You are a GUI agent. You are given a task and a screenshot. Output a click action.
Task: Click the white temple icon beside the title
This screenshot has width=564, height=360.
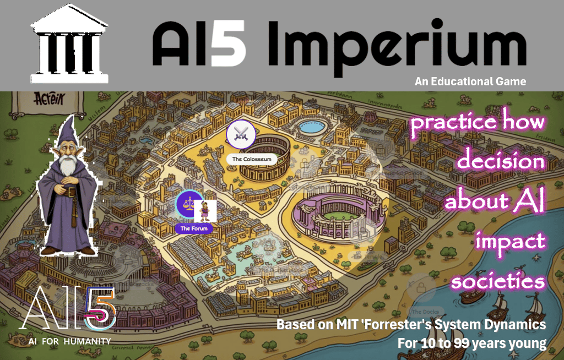[x=65, y=44]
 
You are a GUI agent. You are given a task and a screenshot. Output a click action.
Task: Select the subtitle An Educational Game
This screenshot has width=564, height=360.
[x=470, y=81]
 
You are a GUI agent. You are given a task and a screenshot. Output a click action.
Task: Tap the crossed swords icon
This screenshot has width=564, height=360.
[x=241, y=134]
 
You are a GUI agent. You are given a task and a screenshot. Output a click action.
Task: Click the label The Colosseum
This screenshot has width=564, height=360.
[x=252, y=159]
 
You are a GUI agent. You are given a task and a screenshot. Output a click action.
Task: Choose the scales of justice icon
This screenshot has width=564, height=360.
[x=188, y=204]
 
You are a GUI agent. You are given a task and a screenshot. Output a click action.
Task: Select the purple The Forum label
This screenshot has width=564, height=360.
[x=193, y=228]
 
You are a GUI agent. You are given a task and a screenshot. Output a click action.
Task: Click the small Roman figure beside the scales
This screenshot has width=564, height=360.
[x=205, y=211]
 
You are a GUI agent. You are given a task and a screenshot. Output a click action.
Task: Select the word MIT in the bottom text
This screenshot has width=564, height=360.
[x=343, y=324]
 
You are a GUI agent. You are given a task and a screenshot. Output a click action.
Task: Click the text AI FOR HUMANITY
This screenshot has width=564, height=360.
[x=69, y=341]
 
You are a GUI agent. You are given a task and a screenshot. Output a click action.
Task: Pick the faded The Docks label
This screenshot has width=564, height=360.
[x=420, y=312]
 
